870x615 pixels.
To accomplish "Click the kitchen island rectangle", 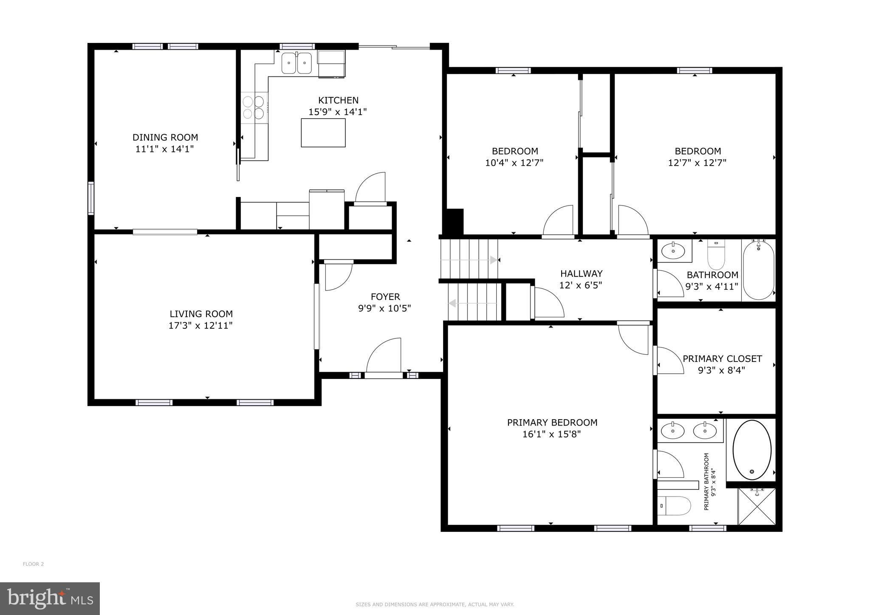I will coord(323,133).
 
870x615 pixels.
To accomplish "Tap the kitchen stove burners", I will coord(254,107).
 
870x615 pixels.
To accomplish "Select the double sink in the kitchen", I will coord(297,63).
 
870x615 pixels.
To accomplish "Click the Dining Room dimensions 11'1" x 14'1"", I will coord(165,149).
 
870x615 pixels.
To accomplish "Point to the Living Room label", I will coord(201,314).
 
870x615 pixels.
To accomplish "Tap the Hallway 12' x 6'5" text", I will coord(581,285).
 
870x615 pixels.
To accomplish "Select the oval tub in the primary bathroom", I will coord(752,450).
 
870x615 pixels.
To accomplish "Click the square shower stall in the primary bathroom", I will coord(757,506).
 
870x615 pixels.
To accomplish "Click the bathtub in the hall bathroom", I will coord(759,270).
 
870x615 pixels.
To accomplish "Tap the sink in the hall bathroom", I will coord(674,251).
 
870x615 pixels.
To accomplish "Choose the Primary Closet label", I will coord(722,358).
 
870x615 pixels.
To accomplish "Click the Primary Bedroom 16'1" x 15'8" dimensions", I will coord(552,434).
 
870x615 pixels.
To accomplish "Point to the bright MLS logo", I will coord(50,598).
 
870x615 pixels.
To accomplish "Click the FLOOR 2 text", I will coord(33,564).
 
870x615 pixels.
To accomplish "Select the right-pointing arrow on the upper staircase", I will coord(493,260).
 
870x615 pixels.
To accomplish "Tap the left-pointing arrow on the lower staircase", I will coord(453,303).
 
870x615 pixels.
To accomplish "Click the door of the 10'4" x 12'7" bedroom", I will coord(558,221).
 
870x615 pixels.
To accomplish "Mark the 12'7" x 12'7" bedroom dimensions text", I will coord(698,163).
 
